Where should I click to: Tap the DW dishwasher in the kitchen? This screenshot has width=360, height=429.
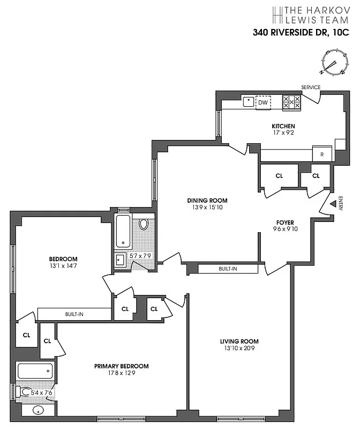pos(263,102)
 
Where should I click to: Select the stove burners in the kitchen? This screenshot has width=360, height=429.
pos(291,102)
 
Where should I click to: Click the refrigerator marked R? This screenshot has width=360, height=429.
pos(322,154)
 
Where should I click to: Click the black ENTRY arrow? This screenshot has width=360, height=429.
pos(332,204)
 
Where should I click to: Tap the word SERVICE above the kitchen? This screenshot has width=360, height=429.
pos(311,87)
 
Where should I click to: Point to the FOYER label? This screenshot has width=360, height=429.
pos(285,222)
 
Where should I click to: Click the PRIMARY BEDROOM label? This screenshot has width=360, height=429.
pos(122,366)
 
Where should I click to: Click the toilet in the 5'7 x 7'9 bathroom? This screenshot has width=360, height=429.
pos(143,225)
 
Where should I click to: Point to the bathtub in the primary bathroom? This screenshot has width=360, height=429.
pos(35,371)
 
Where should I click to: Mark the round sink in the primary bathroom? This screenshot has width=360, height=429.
pos(39,411)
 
